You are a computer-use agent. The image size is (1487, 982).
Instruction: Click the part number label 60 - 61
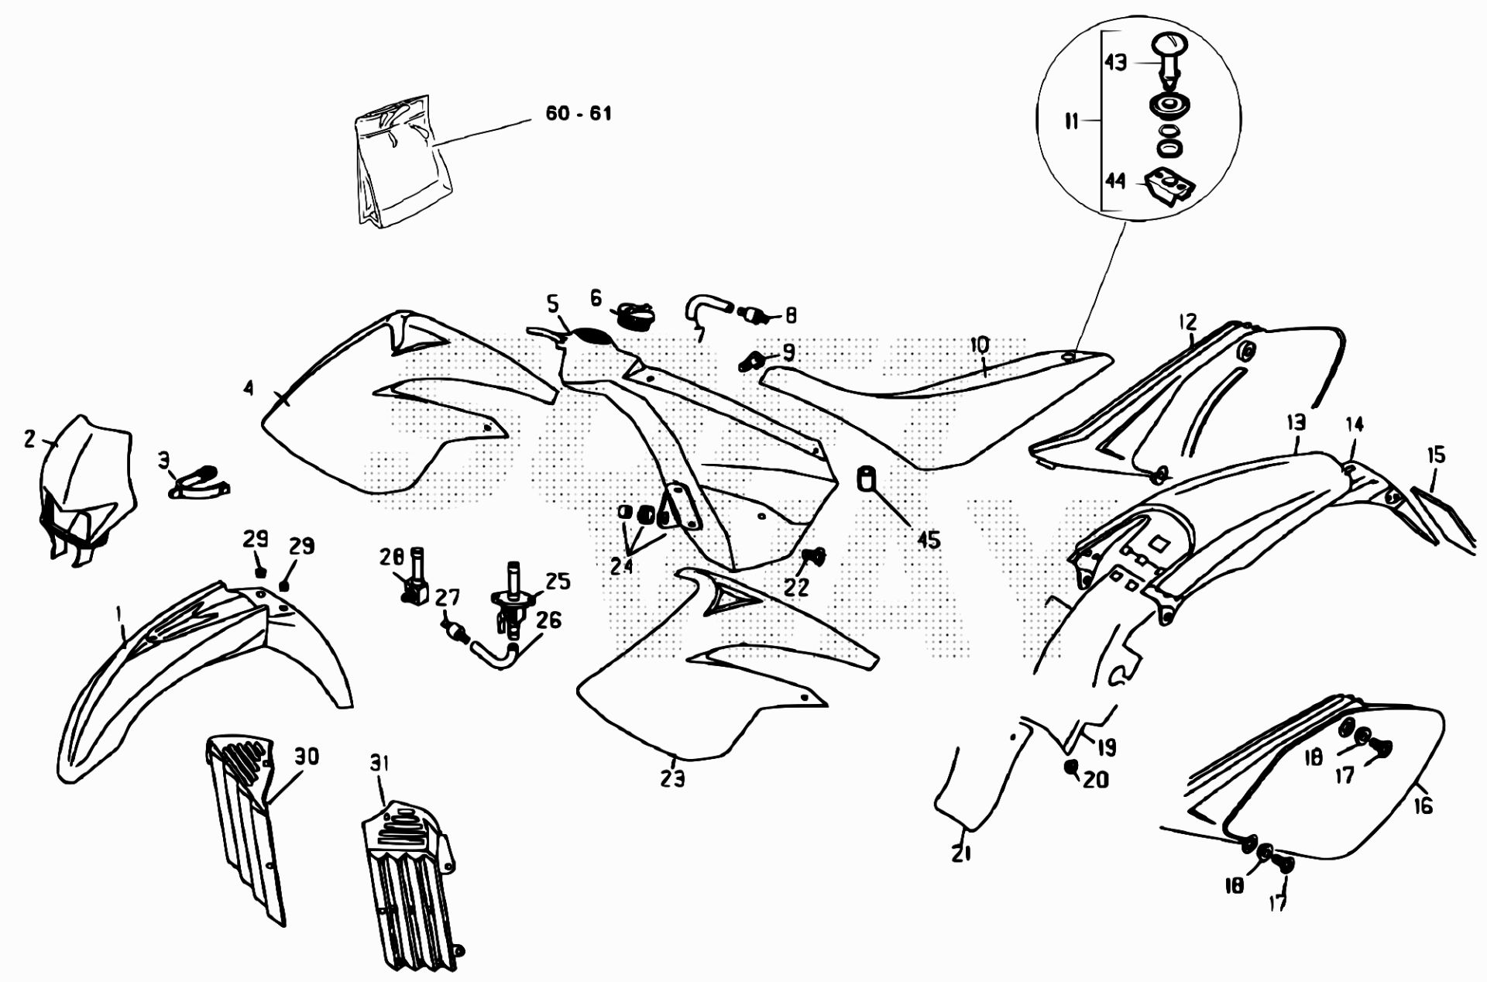(x=578, y=114)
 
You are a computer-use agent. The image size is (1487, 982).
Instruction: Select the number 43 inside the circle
(x=1115, y=62)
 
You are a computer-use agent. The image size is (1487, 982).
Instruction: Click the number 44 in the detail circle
(x=1115, y=180)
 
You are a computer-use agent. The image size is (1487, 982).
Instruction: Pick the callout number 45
(x=928, y=540)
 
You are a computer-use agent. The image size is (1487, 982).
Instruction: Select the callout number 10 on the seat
(x=979, y=345)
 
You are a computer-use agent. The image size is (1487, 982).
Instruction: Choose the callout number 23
(x=673, y=778)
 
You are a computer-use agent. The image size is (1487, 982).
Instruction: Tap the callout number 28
(x=392, y=557)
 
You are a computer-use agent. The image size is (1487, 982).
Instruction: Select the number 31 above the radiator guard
(x=379, y=764)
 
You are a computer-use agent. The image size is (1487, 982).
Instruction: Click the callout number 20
(x=1094, y=779)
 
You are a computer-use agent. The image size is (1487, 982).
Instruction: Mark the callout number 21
(x=961, y=853)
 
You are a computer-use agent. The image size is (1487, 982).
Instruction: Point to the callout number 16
(x=1423, y=806)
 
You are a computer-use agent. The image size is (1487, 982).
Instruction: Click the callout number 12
(x=1187, y=321)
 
